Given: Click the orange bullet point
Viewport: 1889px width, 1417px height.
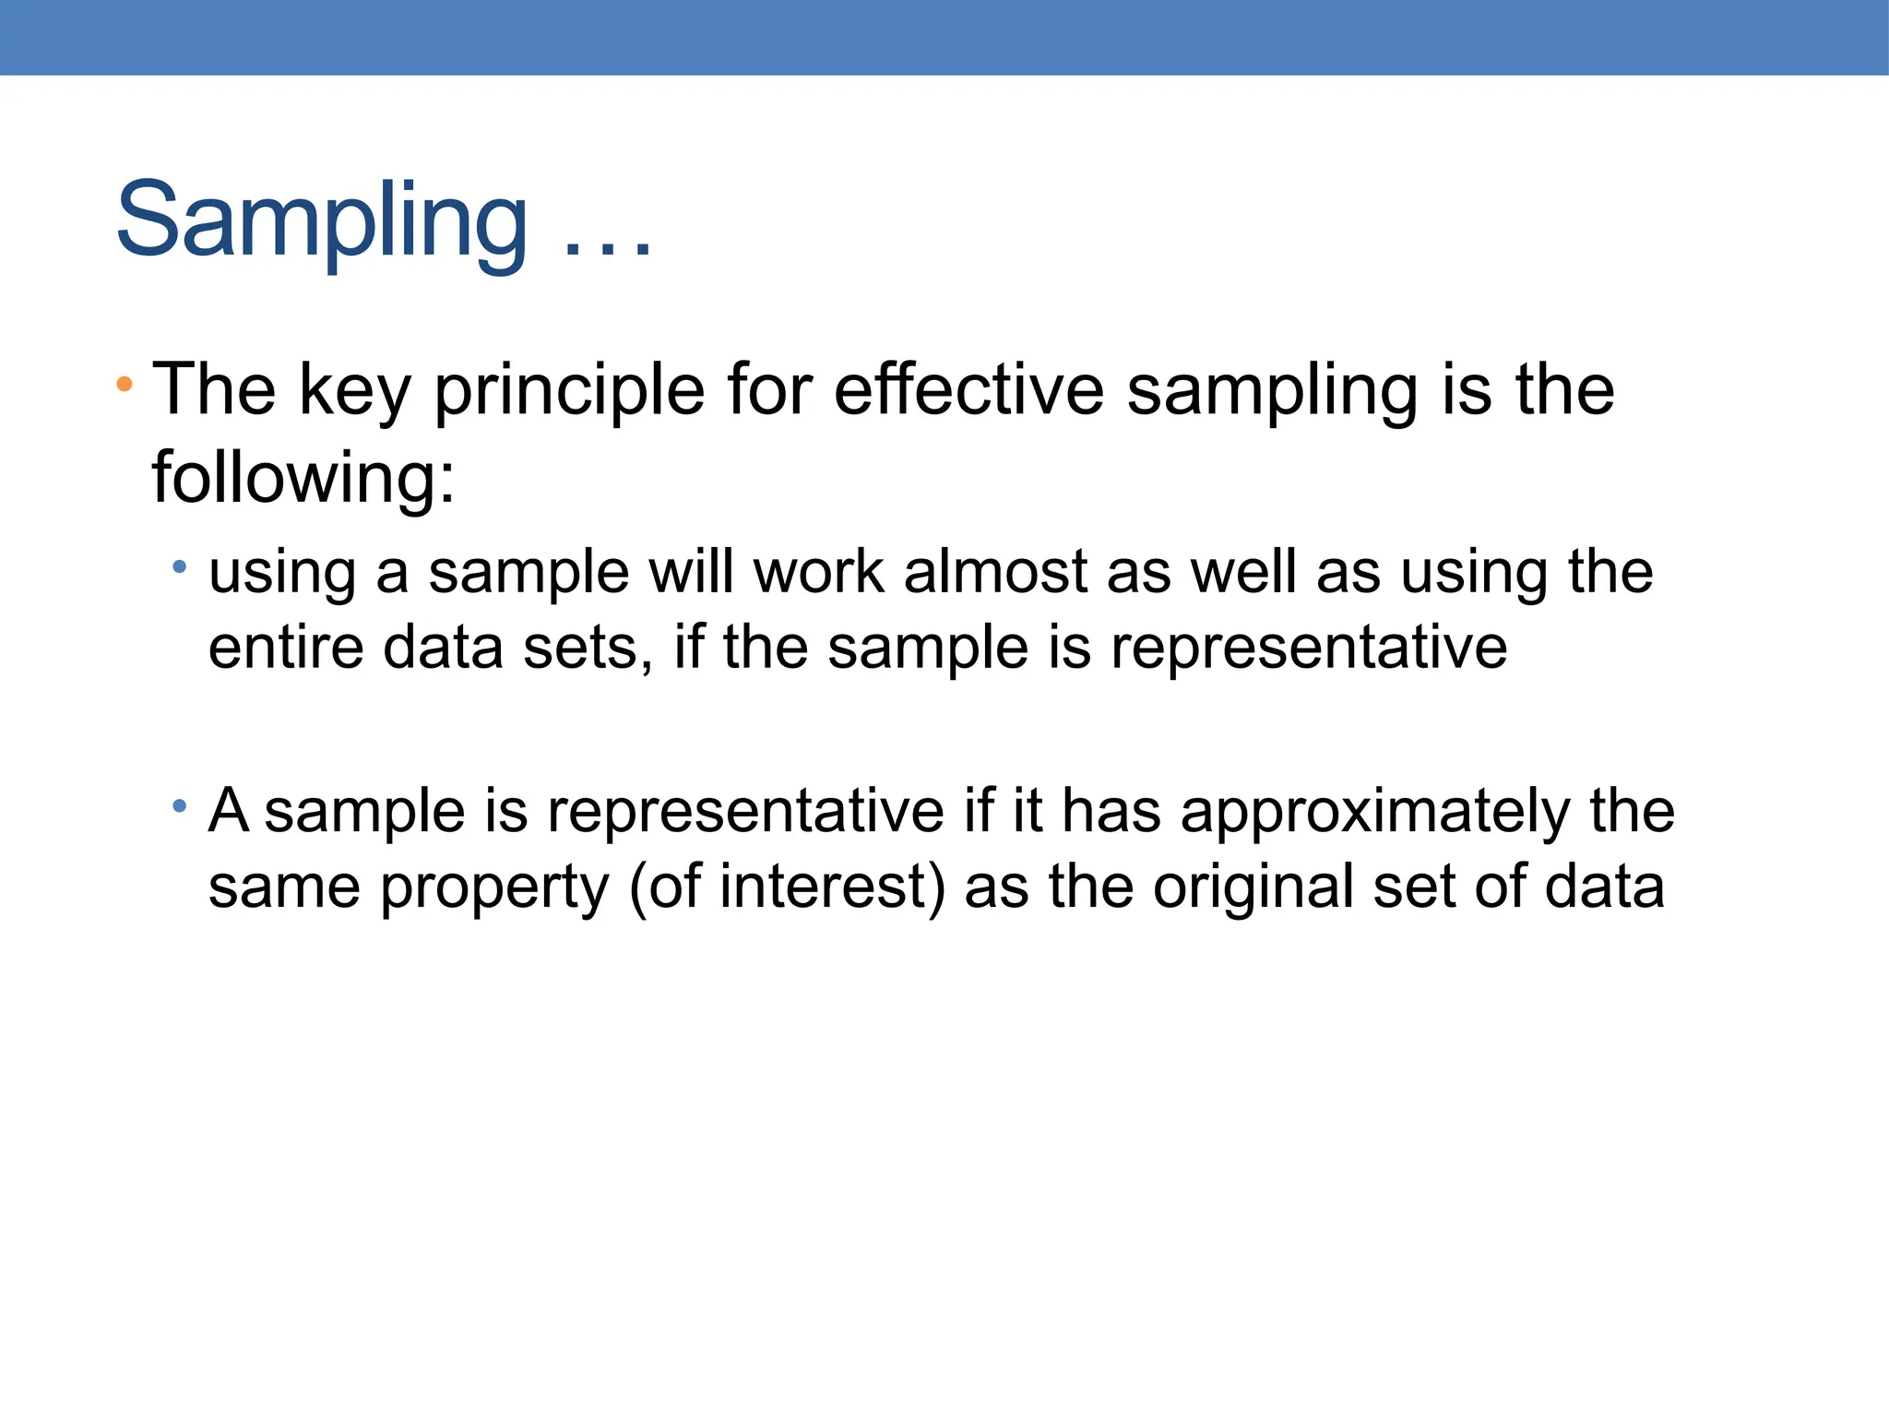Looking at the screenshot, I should (125, 384).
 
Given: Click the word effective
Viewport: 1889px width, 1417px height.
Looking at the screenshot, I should (968, 389).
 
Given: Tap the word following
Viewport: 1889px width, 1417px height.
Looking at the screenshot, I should (303, 478).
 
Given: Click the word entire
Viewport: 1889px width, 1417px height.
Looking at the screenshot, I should (286, 648).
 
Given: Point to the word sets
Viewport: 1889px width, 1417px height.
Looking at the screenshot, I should (588, 648).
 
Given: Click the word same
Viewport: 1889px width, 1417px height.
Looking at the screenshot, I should (284, 887).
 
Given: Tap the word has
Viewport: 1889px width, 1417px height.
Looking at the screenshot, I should (1111, 812).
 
